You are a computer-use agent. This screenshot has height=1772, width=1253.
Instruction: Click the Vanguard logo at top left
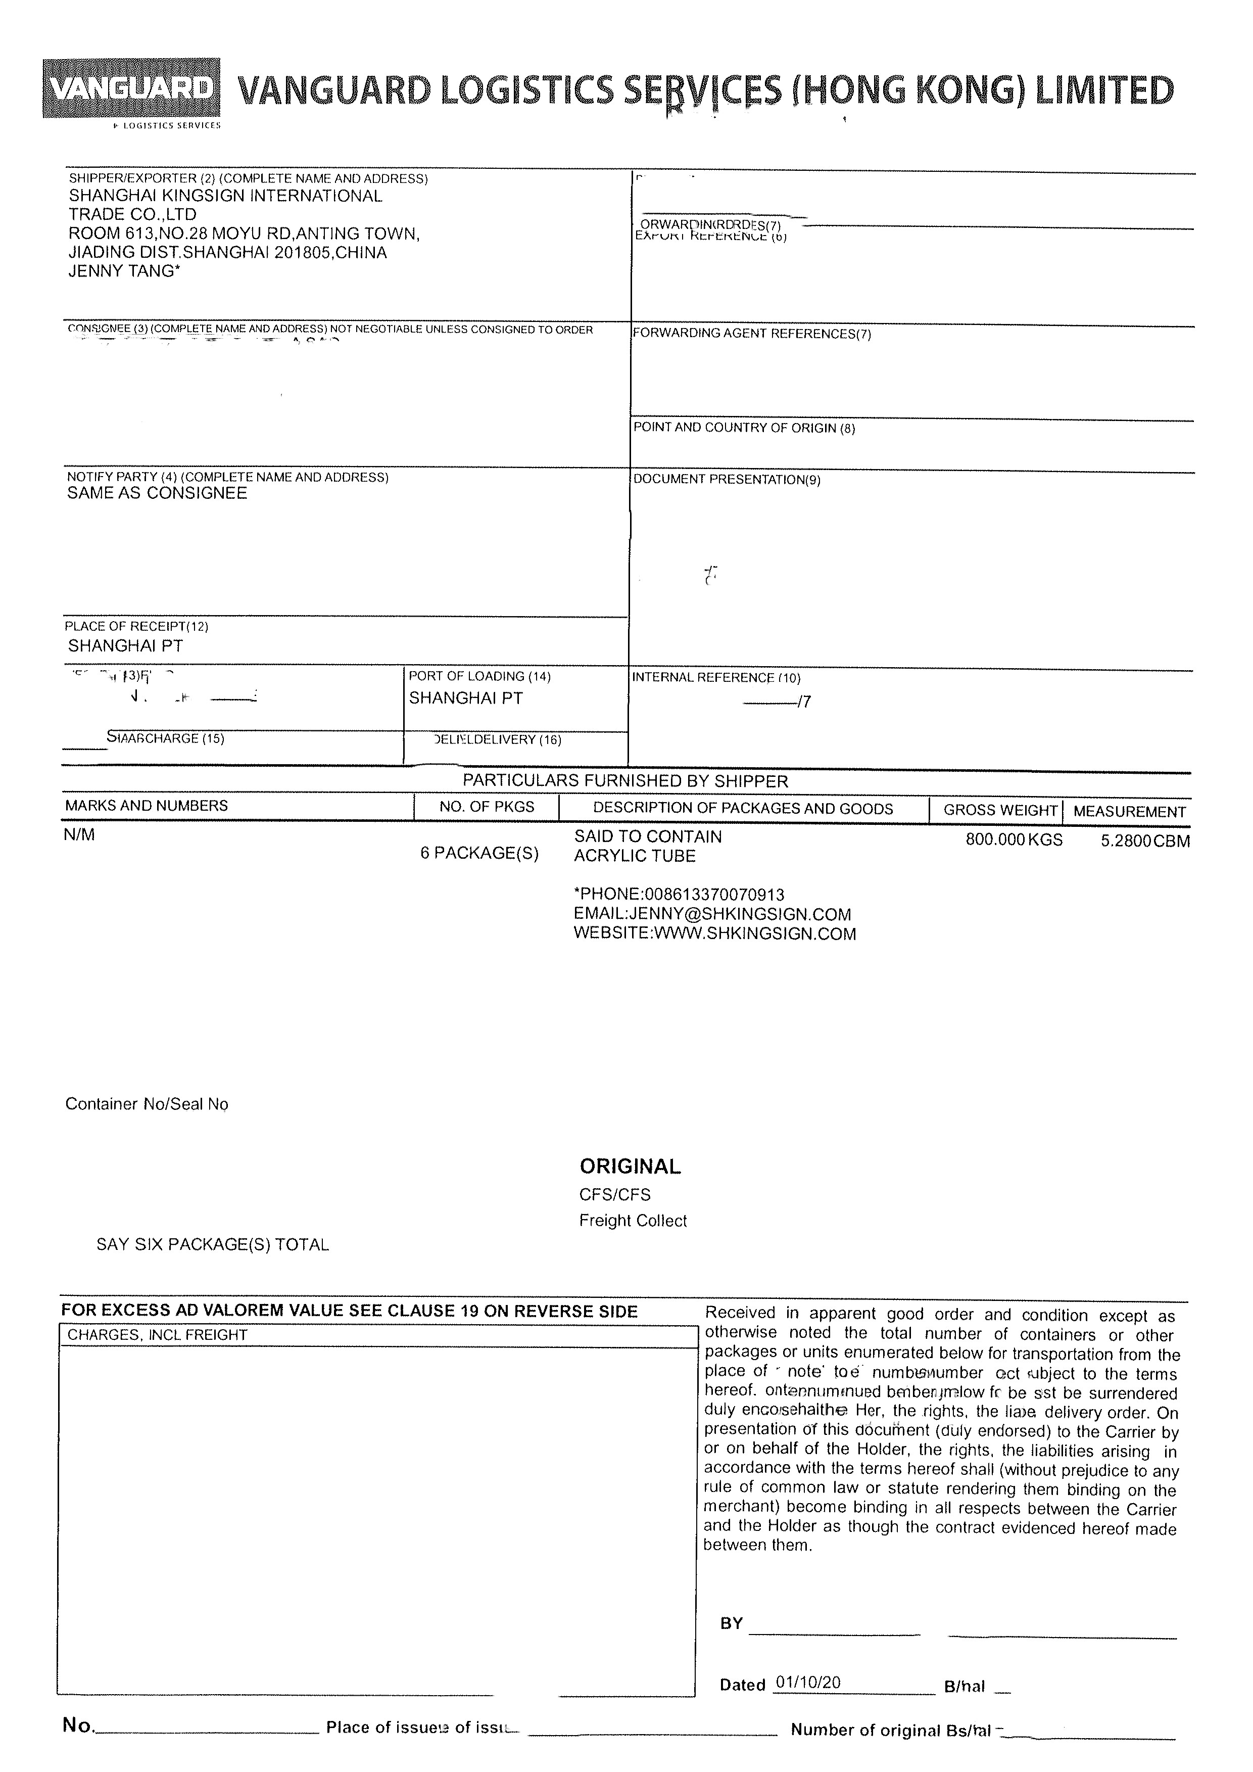click(x=131, y=89)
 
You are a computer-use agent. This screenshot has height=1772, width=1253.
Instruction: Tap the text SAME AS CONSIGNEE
click(x=157, y=494)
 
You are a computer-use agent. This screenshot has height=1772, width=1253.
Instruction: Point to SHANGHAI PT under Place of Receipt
click(x=125, y=646)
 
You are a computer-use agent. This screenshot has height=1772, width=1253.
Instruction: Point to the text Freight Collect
click(x=633, y=1222)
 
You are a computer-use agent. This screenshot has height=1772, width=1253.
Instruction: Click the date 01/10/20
click(x=808, y=1683)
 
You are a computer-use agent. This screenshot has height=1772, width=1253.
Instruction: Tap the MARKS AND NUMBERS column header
click(x=147, y=806)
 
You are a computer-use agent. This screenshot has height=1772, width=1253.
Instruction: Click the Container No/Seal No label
click(x=147, y=1104)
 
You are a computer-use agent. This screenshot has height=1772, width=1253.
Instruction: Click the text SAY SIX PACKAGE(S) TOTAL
click(x=212, y=1245)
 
